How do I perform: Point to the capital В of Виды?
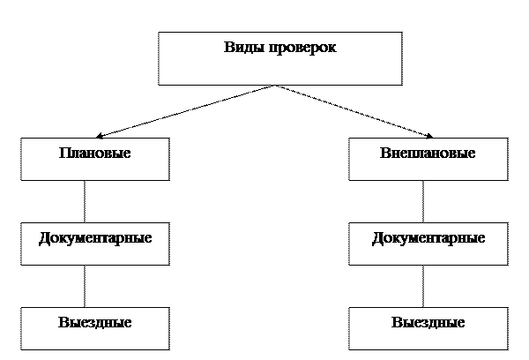228,47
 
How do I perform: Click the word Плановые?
95,153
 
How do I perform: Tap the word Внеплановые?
428,153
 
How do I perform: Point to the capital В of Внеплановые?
385,153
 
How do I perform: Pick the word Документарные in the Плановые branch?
95,238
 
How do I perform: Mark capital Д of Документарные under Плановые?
44,238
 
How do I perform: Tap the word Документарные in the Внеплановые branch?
428,238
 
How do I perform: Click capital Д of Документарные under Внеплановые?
377,238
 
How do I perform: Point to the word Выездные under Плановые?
95,323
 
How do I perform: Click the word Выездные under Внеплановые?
428,323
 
